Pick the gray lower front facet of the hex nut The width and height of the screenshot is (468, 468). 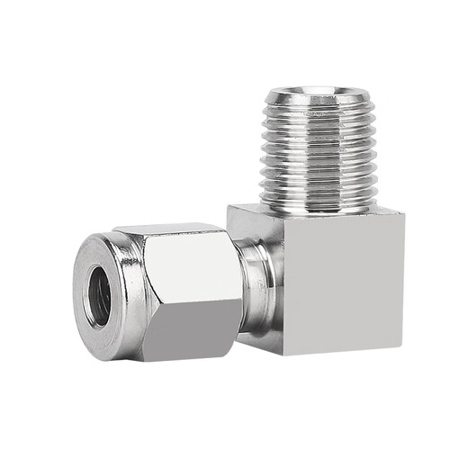pyautogui.click(x=192, y=333)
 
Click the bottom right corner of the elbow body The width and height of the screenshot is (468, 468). pyautogui.click(x=403, y=352)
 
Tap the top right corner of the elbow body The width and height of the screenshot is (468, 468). pyautogui.click(x=404, y=214)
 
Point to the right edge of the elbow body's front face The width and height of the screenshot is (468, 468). pyautogui.click(x=403, y=283)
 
